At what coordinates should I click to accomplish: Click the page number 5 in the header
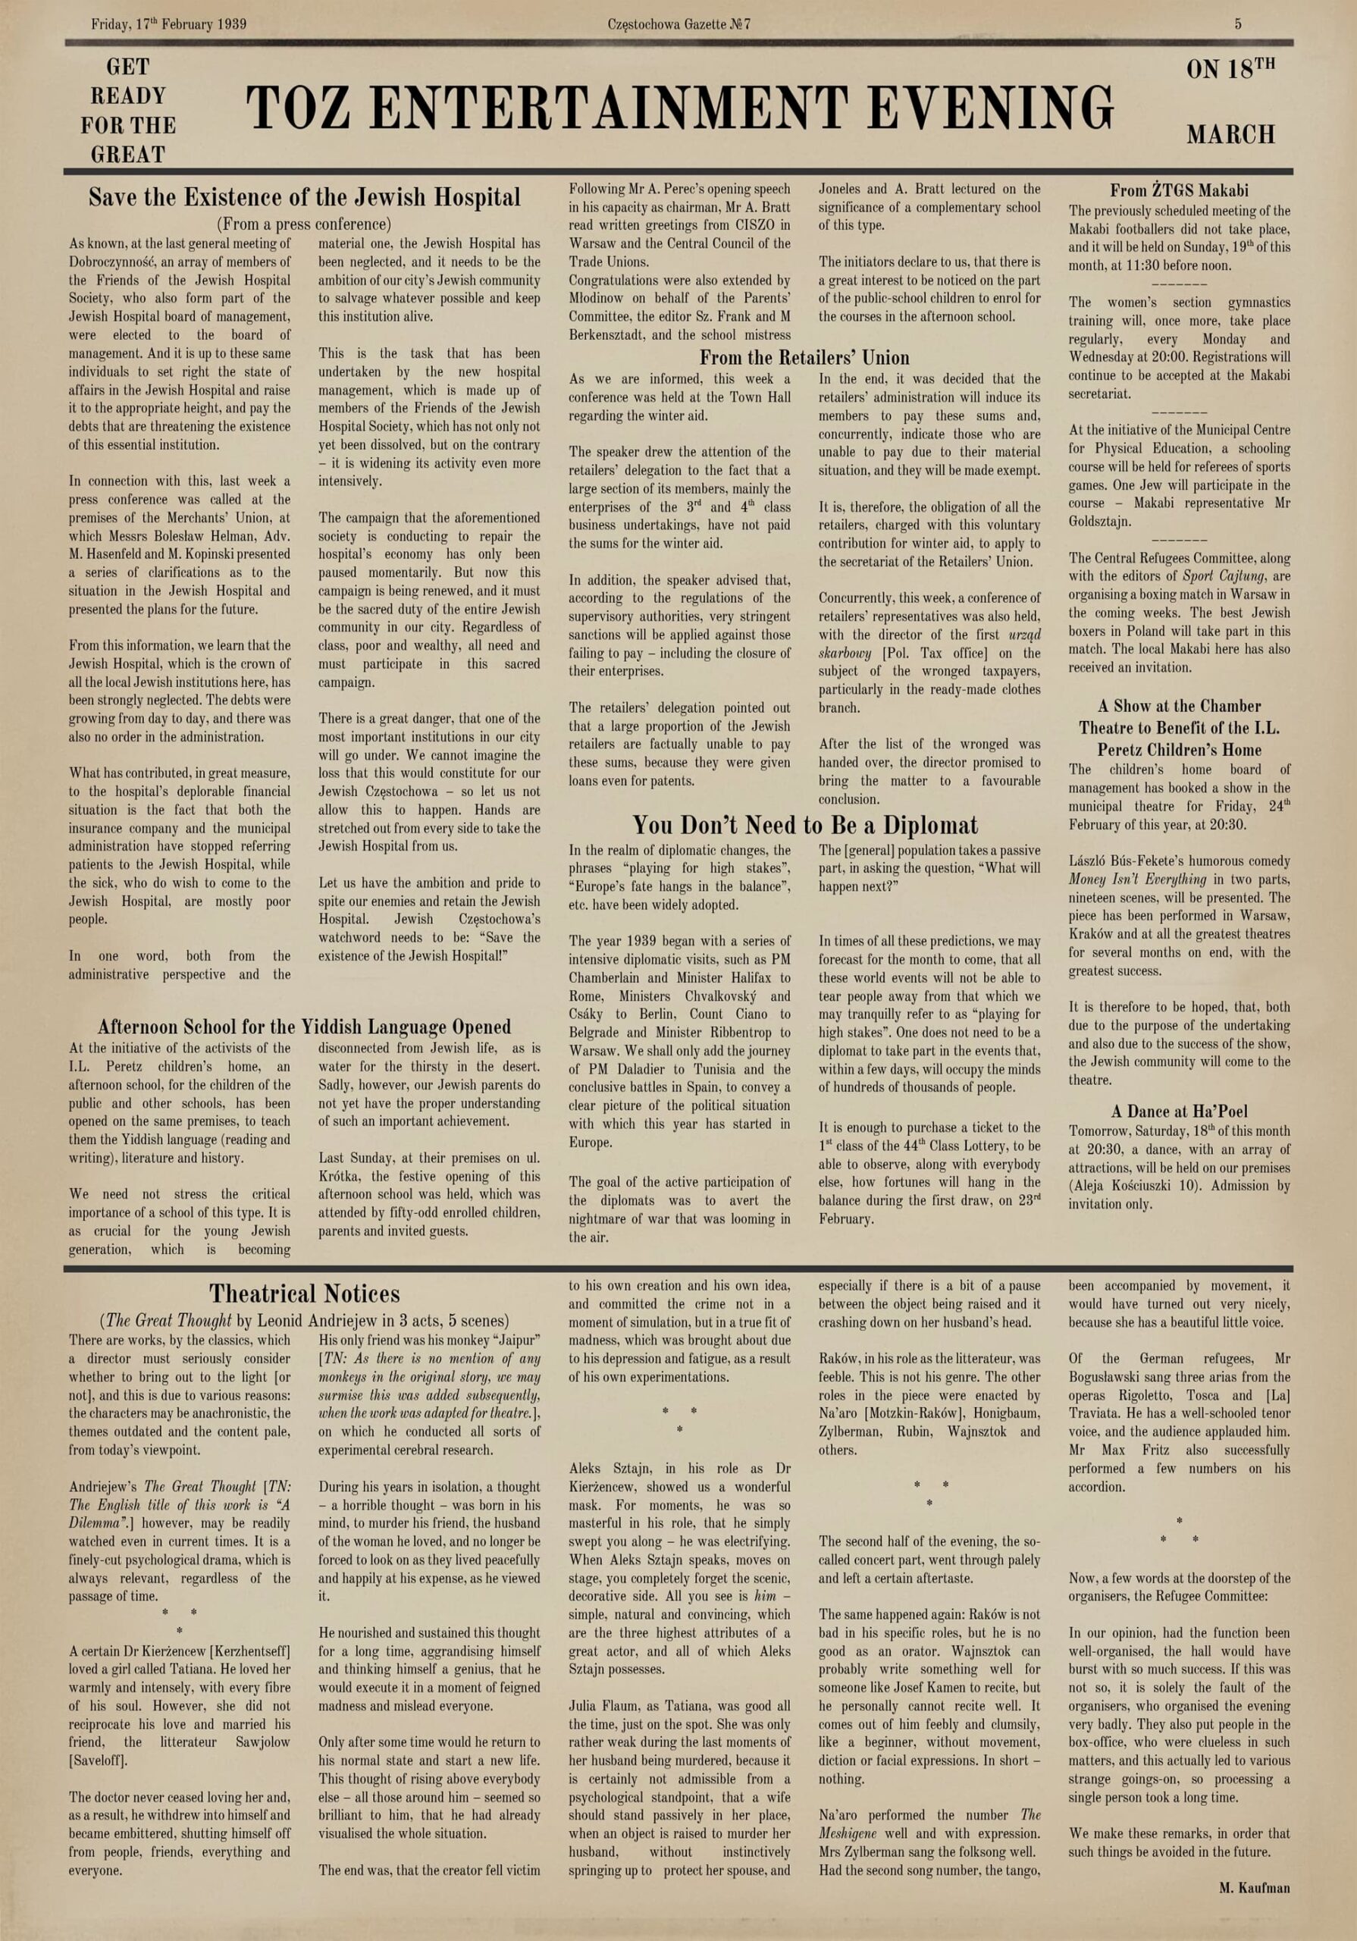pyautogui.click(x=1238, y=24)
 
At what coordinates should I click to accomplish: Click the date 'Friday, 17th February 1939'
pyautogui.click(x=169, y=24)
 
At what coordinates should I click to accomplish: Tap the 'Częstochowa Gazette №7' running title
pyautogui.click(x=678, y=24)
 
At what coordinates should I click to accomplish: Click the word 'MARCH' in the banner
pyautogui.click(x=1230, y=134)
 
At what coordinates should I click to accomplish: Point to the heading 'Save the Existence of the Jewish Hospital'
pyautogui.click(x=304, y=198)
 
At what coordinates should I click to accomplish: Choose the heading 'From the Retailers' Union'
pyautogui.click(x=804, y=358)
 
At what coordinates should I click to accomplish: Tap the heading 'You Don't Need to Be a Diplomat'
pyautogui.click(x=805, y=825)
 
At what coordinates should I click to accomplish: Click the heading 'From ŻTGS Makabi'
pyautogui.click(x=1179, y=191)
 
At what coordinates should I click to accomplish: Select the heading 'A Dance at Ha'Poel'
pyautogui.click(x=1179, y=1112)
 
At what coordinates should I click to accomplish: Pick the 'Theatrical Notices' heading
pyautogui.click(x=304, y=1293)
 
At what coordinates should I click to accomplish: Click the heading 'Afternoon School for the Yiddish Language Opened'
pyautogui.click(x=304, y=1027)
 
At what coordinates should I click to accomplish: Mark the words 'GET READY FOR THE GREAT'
pyautogui.click(x=129, y=111)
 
